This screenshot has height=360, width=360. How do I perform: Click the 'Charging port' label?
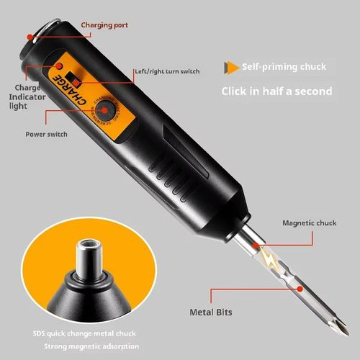tap(105, 25)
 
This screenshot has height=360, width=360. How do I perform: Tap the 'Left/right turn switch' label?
tap(167, 71)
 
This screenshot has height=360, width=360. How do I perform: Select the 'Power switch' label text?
tap(47, 134)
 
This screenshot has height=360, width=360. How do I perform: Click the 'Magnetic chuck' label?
tap(309, 222)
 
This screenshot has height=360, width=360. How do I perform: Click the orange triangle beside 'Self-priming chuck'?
tap(231, 66)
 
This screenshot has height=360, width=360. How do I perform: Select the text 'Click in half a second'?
tap(276, 91)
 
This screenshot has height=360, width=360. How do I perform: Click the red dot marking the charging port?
tap(30, 36)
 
